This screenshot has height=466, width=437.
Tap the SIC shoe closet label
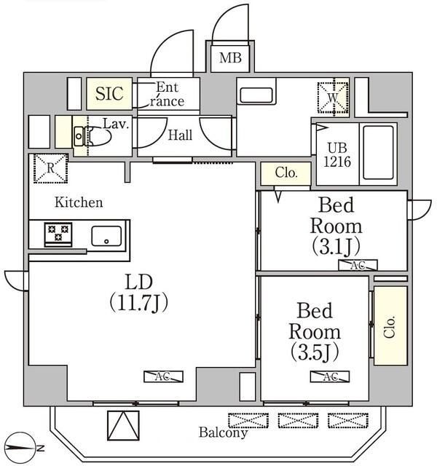coord(109,94)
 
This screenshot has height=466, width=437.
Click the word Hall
coord(180,135)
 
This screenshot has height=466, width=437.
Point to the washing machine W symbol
coord(333,95)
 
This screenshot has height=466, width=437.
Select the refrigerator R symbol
coord(50,168)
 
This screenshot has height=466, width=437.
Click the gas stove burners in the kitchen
coord(58,234)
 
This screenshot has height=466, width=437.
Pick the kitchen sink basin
coord(106,235)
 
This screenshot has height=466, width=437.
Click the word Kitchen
coord(79,202)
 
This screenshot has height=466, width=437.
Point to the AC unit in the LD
coord(162,376)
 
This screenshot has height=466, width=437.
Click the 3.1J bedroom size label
coord(336,244)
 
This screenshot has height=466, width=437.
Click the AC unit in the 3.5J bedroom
coord(329,376)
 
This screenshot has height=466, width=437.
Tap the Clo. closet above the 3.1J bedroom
coord(286,173)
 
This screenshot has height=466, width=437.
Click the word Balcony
coord(223,433)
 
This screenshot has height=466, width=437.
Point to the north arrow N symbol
coord(25,446)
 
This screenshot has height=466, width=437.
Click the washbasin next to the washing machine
coord(256,95)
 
